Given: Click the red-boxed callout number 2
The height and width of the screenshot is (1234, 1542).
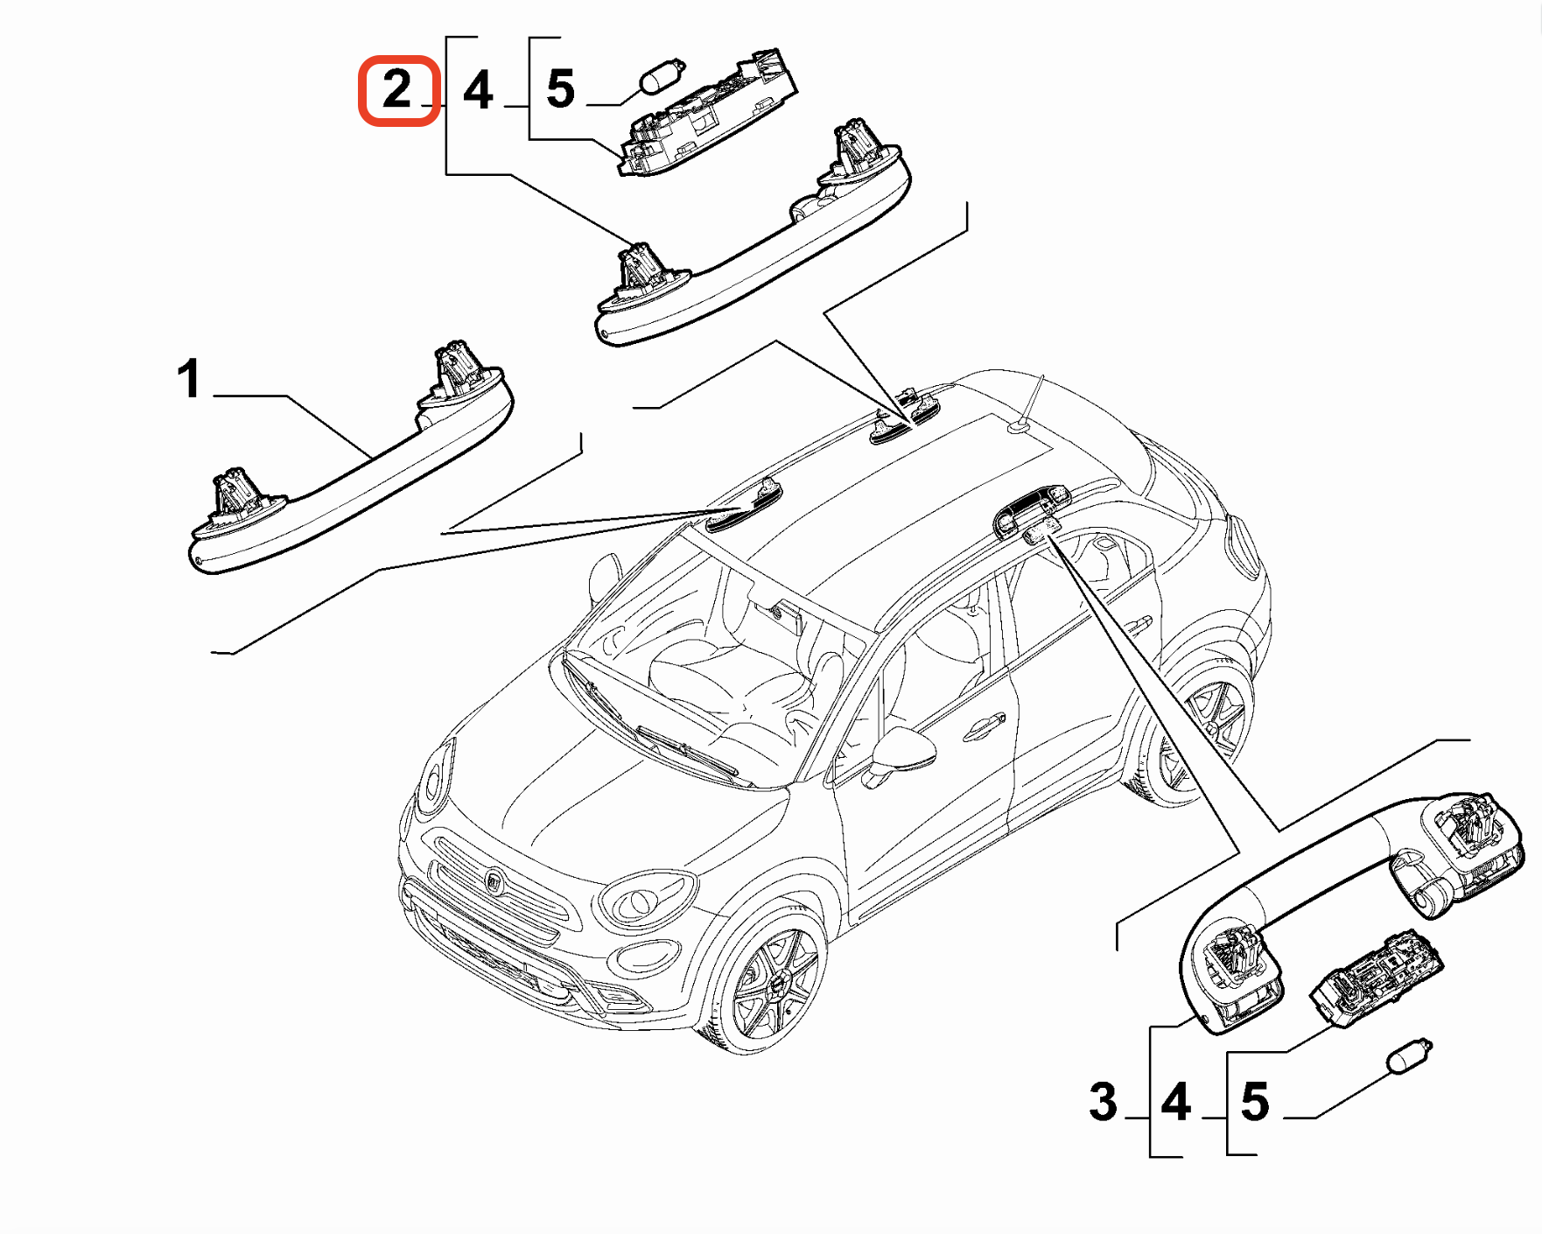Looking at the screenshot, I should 397,90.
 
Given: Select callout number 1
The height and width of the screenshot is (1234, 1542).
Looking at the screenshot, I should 189,379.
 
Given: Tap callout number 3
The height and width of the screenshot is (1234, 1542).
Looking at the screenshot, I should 1104,1102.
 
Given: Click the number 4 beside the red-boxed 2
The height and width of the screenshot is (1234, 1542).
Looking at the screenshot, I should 478,90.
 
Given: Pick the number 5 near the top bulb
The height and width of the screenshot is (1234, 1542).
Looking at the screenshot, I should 561,89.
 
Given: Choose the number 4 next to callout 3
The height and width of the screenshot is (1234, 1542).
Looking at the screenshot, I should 1176,1102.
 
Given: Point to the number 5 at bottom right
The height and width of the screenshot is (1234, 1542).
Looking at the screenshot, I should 1255,1102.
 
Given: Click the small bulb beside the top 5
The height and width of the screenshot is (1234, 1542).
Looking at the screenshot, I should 663,75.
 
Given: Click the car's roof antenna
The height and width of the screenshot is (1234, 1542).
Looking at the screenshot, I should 1028,406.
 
